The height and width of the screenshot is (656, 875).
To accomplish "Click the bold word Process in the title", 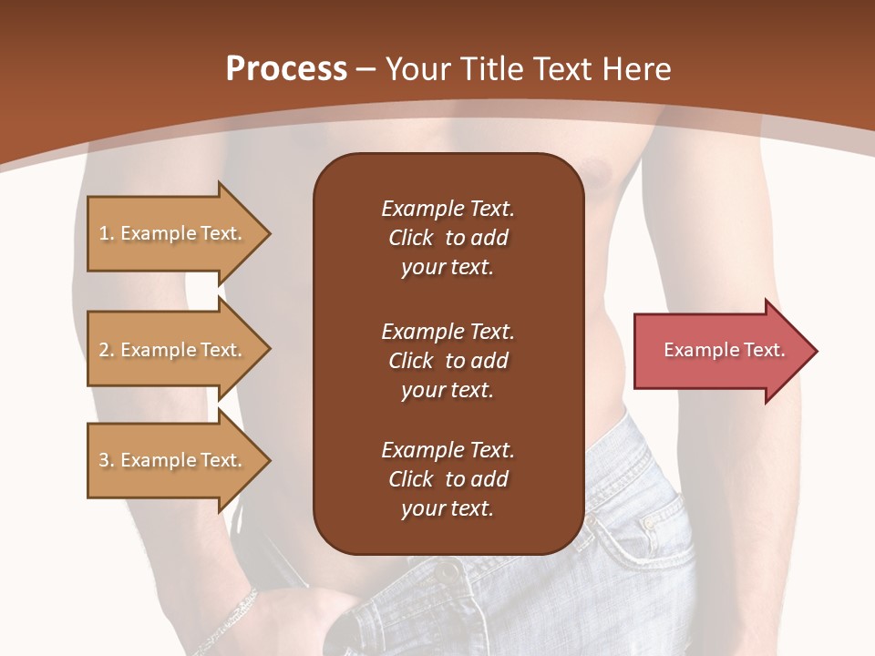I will pos(286,69).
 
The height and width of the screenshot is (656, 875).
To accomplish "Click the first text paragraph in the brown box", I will pos(448,238).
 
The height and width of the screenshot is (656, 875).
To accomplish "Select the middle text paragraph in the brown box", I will pos(448,361).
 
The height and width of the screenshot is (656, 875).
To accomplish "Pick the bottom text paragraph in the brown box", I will pos(448,479).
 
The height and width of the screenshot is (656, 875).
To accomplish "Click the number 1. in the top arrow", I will pos(107,234).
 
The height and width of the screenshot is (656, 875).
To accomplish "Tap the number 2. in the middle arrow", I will pos(107,351).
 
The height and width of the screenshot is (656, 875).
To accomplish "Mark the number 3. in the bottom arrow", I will pos(107,461).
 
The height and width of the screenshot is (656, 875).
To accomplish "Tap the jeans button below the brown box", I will pos(447,573).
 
